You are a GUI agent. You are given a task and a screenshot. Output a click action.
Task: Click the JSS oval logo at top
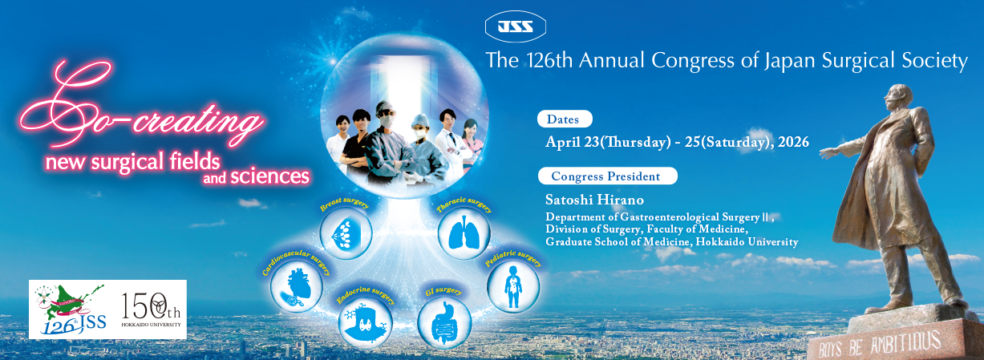[x=516, y=27]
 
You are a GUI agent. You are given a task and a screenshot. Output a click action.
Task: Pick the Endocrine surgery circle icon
[x=365, y=325]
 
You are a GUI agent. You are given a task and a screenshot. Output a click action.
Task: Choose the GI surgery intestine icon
[x=443, y=325]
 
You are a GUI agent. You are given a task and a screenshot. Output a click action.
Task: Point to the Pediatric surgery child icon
[x=513, y=287]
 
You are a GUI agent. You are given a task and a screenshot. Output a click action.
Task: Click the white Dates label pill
[x=565, y=119]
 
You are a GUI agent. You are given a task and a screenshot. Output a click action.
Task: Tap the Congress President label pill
[x=607, y=176]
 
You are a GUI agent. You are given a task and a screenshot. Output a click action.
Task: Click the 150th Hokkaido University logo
[x=151, y=309]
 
